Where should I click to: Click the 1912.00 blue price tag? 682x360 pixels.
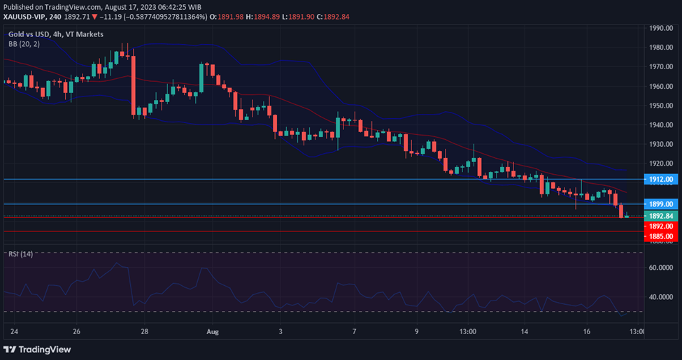[660, 180]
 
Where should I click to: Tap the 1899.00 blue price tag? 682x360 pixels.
[660, 204]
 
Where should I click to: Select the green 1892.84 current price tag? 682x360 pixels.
[660, 216]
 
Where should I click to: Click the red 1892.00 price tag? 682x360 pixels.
[660, 226]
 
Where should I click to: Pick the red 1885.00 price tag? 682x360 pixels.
[660, 236]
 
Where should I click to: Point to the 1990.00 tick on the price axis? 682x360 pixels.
[660, 29]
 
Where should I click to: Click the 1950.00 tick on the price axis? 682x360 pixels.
[660, 106]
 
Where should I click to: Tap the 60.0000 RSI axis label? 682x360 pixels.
[660, 267]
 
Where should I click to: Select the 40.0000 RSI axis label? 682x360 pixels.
[660, 297]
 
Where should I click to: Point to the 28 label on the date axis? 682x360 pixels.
[143, 331]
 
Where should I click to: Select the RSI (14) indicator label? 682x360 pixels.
[20, 253]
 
